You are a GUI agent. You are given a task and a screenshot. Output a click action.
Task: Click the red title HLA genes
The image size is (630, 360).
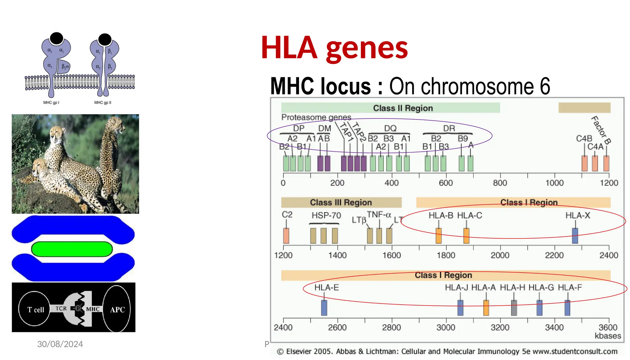tap(334, 48)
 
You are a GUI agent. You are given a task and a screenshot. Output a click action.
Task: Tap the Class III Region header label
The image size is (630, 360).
tap(341, 202)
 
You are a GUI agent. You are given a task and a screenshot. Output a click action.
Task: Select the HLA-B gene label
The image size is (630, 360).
tap(441, 215)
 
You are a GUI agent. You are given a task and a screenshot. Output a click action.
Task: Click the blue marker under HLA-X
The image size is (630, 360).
tap(575, 236)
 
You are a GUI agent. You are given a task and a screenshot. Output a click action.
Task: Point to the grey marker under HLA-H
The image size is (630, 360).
tap(514, 308)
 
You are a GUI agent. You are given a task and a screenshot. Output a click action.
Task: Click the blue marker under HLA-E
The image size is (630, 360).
tap(324, 308)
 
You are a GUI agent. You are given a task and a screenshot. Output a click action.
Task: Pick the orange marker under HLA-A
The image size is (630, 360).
tap(486, 308)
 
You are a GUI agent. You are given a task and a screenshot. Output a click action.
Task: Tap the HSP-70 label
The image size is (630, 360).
tap(326, 215)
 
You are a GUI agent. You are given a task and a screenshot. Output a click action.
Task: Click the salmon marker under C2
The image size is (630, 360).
tap(286, 236)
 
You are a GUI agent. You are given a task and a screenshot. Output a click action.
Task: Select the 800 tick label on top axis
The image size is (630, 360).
tap(500, 183)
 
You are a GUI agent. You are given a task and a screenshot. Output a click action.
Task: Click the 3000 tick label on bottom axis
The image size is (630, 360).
tap(446, 327)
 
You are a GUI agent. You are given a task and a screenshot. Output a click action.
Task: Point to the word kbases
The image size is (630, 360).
tap(608, 336)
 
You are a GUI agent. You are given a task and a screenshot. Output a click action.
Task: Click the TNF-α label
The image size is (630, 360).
tap(379, 214)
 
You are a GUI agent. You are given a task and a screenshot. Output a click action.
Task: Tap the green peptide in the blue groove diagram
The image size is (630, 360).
tap(72, 249)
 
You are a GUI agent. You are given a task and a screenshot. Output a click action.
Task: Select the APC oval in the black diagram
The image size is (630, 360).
tap(117, 309)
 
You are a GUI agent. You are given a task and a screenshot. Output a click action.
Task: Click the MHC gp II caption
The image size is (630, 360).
tap(103, 102)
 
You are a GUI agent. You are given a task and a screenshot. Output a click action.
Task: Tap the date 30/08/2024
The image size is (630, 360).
tap(60, 344)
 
